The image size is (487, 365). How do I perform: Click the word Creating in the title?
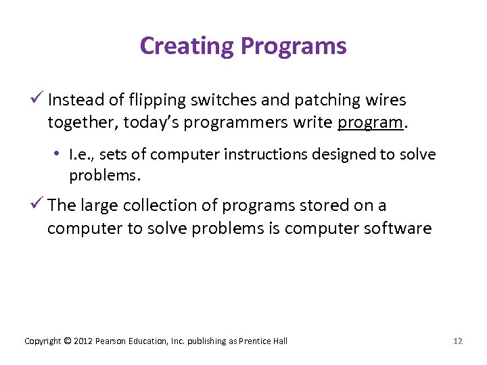pyautogui.click(x=187, y=46)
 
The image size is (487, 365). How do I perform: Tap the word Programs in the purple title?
pyautogui.click(x=294, y=46)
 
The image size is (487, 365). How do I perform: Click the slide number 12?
pyautogui.click(x=458, y=341)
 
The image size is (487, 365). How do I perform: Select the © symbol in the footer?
pyautogui.click(x=66, y=341)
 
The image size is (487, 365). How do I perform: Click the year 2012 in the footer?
pyautogui.click(x=83, y=341)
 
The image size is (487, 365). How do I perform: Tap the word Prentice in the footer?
pyautogui.click(x=254, y=341)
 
